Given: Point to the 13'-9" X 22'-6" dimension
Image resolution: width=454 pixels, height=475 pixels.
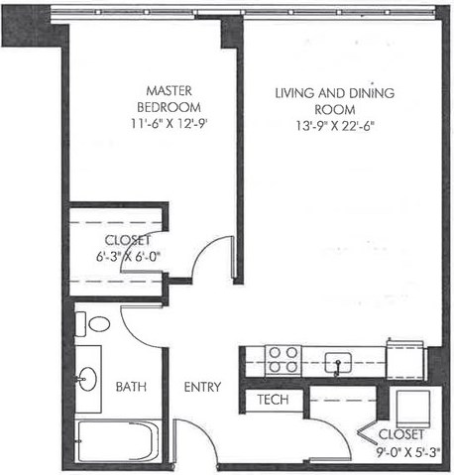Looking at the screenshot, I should (x=335, y=125).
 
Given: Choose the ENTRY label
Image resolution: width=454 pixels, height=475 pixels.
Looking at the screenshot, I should (x=201, y=387).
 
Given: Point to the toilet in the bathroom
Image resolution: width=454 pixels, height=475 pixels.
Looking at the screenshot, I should (x=97, y=323).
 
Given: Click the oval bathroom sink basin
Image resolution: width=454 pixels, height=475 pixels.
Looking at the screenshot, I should (x=89, y=378).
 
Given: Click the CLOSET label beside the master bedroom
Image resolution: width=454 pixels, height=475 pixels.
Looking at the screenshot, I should (x=128, y=239).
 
